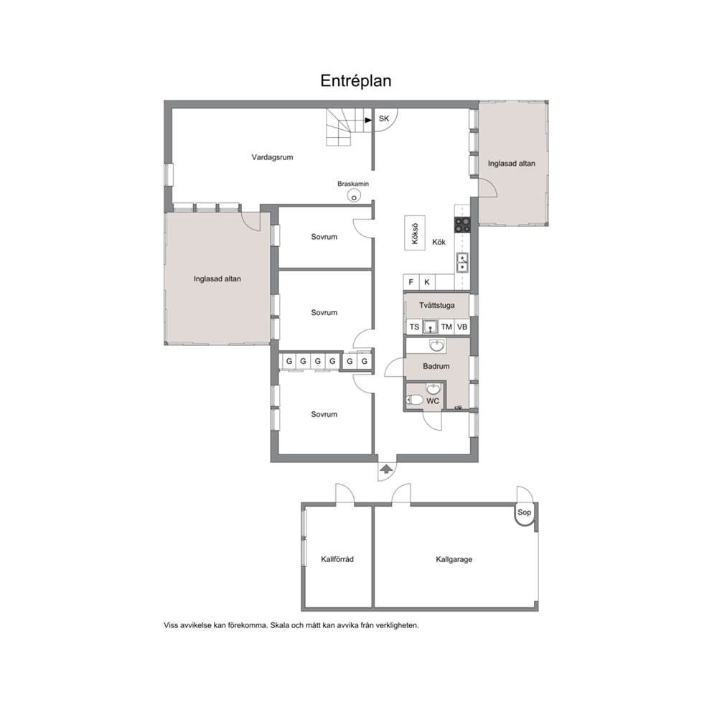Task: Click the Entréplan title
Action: coord(355,81)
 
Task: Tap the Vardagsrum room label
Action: coord(273,158)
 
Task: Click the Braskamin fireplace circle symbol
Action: coord(354,196)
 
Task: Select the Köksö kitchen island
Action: coord(415,233)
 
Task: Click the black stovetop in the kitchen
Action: coord(463,225)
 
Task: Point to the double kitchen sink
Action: coord(462,263)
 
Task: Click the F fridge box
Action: coord(411,282)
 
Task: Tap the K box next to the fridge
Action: coord(427,282)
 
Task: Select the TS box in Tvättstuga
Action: coord(414,327)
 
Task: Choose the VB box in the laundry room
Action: coord(462,327)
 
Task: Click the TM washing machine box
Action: coord(446,327)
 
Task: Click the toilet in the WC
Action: coord(414,400)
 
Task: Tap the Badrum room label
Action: coord(436,366)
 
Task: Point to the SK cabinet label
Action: coord(384,119)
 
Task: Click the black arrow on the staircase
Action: coord(368,121)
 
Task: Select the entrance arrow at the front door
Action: coord(386,469)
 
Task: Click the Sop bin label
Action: coord(524,512)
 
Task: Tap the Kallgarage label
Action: coord(454,559)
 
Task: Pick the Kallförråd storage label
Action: coord(337,559)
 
